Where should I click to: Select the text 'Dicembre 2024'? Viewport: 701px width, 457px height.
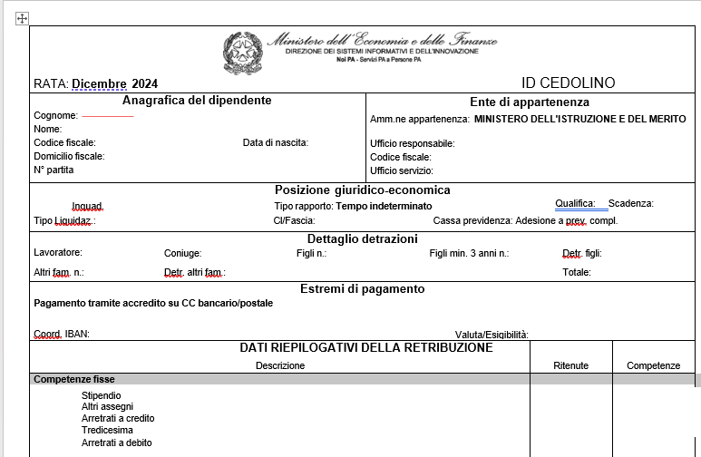pos(114,83)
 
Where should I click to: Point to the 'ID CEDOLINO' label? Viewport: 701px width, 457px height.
pos(569,83)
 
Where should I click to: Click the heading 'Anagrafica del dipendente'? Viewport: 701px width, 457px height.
pos(197,101)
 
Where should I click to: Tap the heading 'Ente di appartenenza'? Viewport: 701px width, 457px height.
pos(530,102)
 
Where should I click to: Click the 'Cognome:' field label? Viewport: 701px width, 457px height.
pos(55,116)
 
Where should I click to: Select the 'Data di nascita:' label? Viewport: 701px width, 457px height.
pos(276,142)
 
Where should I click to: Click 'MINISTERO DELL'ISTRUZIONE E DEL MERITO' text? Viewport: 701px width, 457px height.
pos(580,119)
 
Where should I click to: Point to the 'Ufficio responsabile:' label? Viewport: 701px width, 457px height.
pos(413,143)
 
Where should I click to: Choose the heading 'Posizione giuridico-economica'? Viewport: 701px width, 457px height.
pos(362,190)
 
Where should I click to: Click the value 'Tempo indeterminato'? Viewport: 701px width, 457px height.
pos(384,206)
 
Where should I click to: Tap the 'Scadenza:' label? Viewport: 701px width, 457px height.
pos(631,204)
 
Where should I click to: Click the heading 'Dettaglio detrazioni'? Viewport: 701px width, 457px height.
pos(362,238)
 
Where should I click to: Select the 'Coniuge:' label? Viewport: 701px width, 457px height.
pos(182,254)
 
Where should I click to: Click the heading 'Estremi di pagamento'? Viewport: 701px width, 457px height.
pos(362,289)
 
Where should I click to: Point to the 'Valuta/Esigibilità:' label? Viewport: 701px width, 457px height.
pos(492,335)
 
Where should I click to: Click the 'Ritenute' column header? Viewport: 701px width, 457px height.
pos(571,365)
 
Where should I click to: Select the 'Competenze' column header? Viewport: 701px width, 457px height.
pos(654,365)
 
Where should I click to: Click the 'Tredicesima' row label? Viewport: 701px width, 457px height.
pos(106,430)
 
